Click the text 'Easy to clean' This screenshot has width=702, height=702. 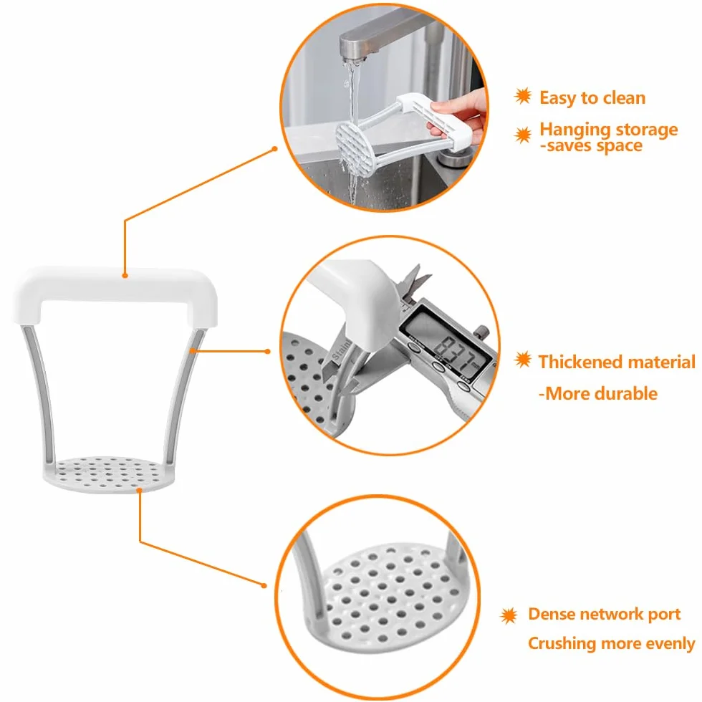pos(592,98)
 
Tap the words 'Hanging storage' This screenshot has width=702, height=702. pos(608,130)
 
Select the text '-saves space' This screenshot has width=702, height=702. pos(591,145)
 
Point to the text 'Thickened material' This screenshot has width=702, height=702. pos(617,362)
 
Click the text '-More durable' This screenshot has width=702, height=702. pos(597,393)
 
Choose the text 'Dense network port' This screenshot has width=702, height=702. pos(604,614)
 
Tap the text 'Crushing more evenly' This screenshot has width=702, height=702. pos(611,643)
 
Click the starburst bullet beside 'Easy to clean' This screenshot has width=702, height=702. pos(522,96)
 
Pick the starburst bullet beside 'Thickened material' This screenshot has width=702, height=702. pos(522,360)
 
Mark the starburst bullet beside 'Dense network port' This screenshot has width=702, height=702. pos(509,616)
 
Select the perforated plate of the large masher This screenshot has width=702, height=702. pos(108,474)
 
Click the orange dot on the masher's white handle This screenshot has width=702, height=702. pos(125,275)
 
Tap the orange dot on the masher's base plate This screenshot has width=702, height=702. pos(140,491)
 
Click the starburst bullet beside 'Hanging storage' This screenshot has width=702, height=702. pos(522,135)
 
